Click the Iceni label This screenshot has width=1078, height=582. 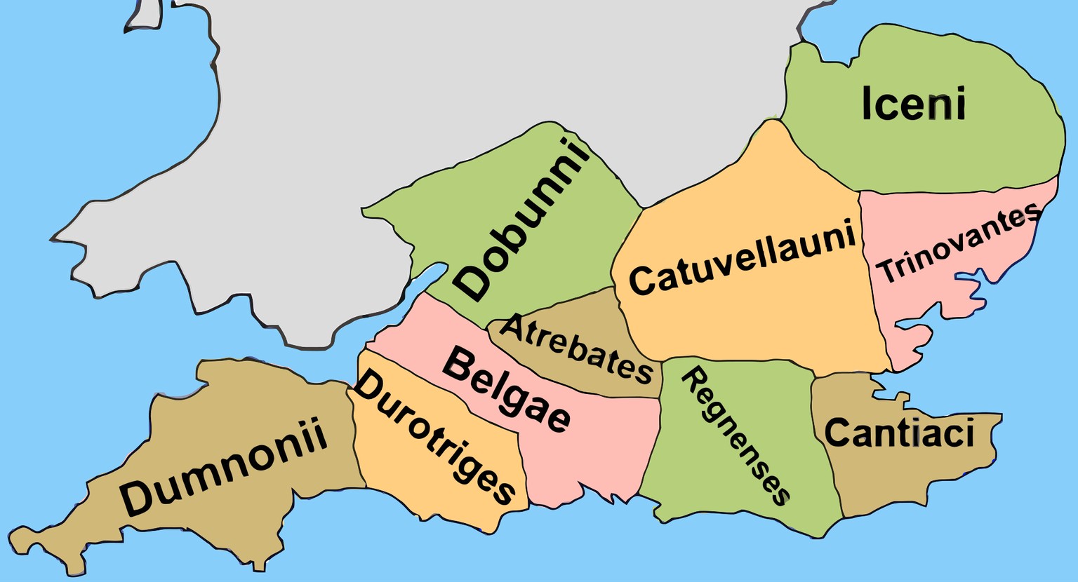point(913,104)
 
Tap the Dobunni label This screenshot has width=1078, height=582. point(521,220)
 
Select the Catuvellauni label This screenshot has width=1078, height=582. point(743,257)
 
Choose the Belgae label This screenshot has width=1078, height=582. point(507,390)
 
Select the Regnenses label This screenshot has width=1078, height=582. point(736,435)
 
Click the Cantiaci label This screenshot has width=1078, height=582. point(899,433)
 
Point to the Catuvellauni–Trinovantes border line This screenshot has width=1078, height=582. point(870,280)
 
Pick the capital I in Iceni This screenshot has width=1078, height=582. point(867,104)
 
